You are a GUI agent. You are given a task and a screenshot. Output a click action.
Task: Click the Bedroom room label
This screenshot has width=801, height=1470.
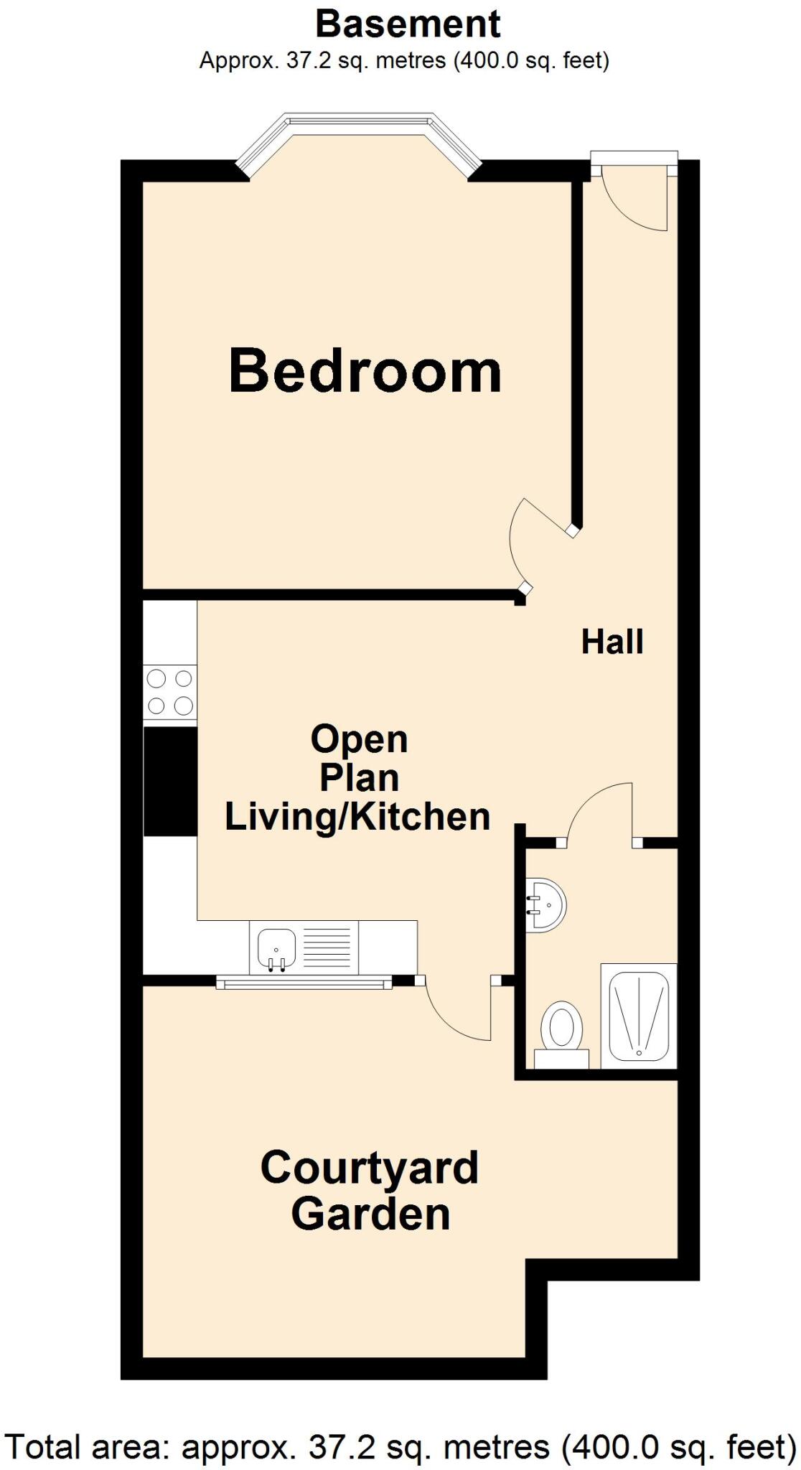(365, 371)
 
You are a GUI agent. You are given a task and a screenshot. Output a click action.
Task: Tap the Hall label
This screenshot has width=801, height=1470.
(612, 641)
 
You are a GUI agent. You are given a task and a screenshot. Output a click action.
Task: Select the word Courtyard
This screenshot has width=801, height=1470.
(369, 1169)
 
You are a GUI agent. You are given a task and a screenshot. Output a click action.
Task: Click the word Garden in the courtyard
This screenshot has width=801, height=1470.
(370, 1214)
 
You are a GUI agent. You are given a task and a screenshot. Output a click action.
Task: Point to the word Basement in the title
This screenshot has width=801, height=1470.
(408, 24)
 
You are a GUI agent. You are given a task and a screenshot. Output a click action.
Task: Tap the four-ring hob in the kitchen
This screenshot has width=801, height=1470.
(170, 692)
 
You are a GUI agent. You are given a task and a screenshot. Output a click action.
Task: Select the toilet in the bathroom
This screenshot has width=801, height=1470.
(561, 1026)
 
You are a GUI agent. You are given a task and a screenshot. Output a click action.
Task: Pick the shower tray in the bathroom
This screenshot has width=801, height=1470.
(639, 1016)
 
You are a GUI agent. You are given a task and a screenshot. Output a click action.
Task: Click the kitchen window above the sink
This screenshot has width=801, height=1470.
(304, 983)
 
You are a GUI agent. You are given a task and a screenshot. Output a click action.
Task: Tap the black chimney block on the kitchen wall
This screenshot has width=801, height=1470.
(170, 781)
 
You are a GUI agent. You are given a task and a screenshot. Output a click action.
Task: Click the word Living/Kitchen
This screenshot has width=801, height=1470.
(357, 817)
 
